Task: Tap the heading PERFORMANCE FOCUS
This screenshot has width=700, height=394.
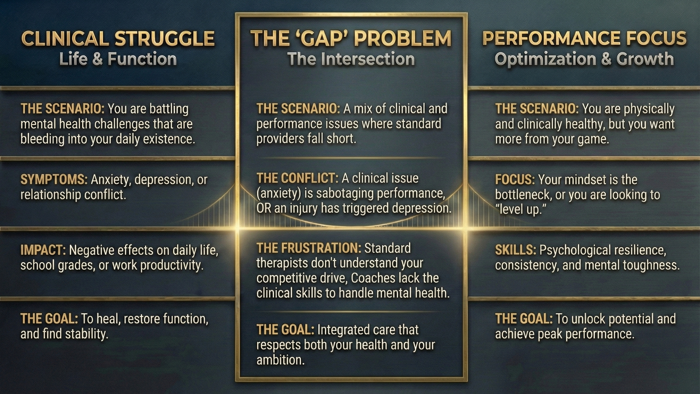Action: (x=584, y=38)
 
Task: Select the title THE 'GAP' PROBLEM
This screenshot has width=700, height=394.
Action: (x=351, y=38)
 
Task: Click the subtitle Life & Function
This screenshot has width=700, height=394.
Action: (x=118, y=59)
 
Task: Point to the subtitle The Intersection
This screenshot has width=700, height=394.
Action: (x=351, y=59)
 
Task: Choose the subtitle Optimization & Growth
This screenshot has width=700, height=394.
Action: (x=584, y=59)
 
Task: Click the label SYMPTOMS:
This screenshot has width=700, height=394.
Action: (x=54, y=179)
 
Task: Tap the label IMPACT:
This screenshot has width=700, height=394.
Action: (x=43, y=250)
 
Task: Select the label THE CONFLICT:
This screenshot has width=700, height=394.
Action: (x=297, y=178)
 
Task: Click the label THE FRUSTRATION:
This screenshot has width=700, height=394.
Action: (x=309, y=248)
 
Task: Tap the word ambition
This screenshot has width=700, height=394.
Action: (x=280, y=360)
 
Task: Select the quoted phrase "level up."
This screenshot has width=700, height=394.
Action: (x=521, y=210)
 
